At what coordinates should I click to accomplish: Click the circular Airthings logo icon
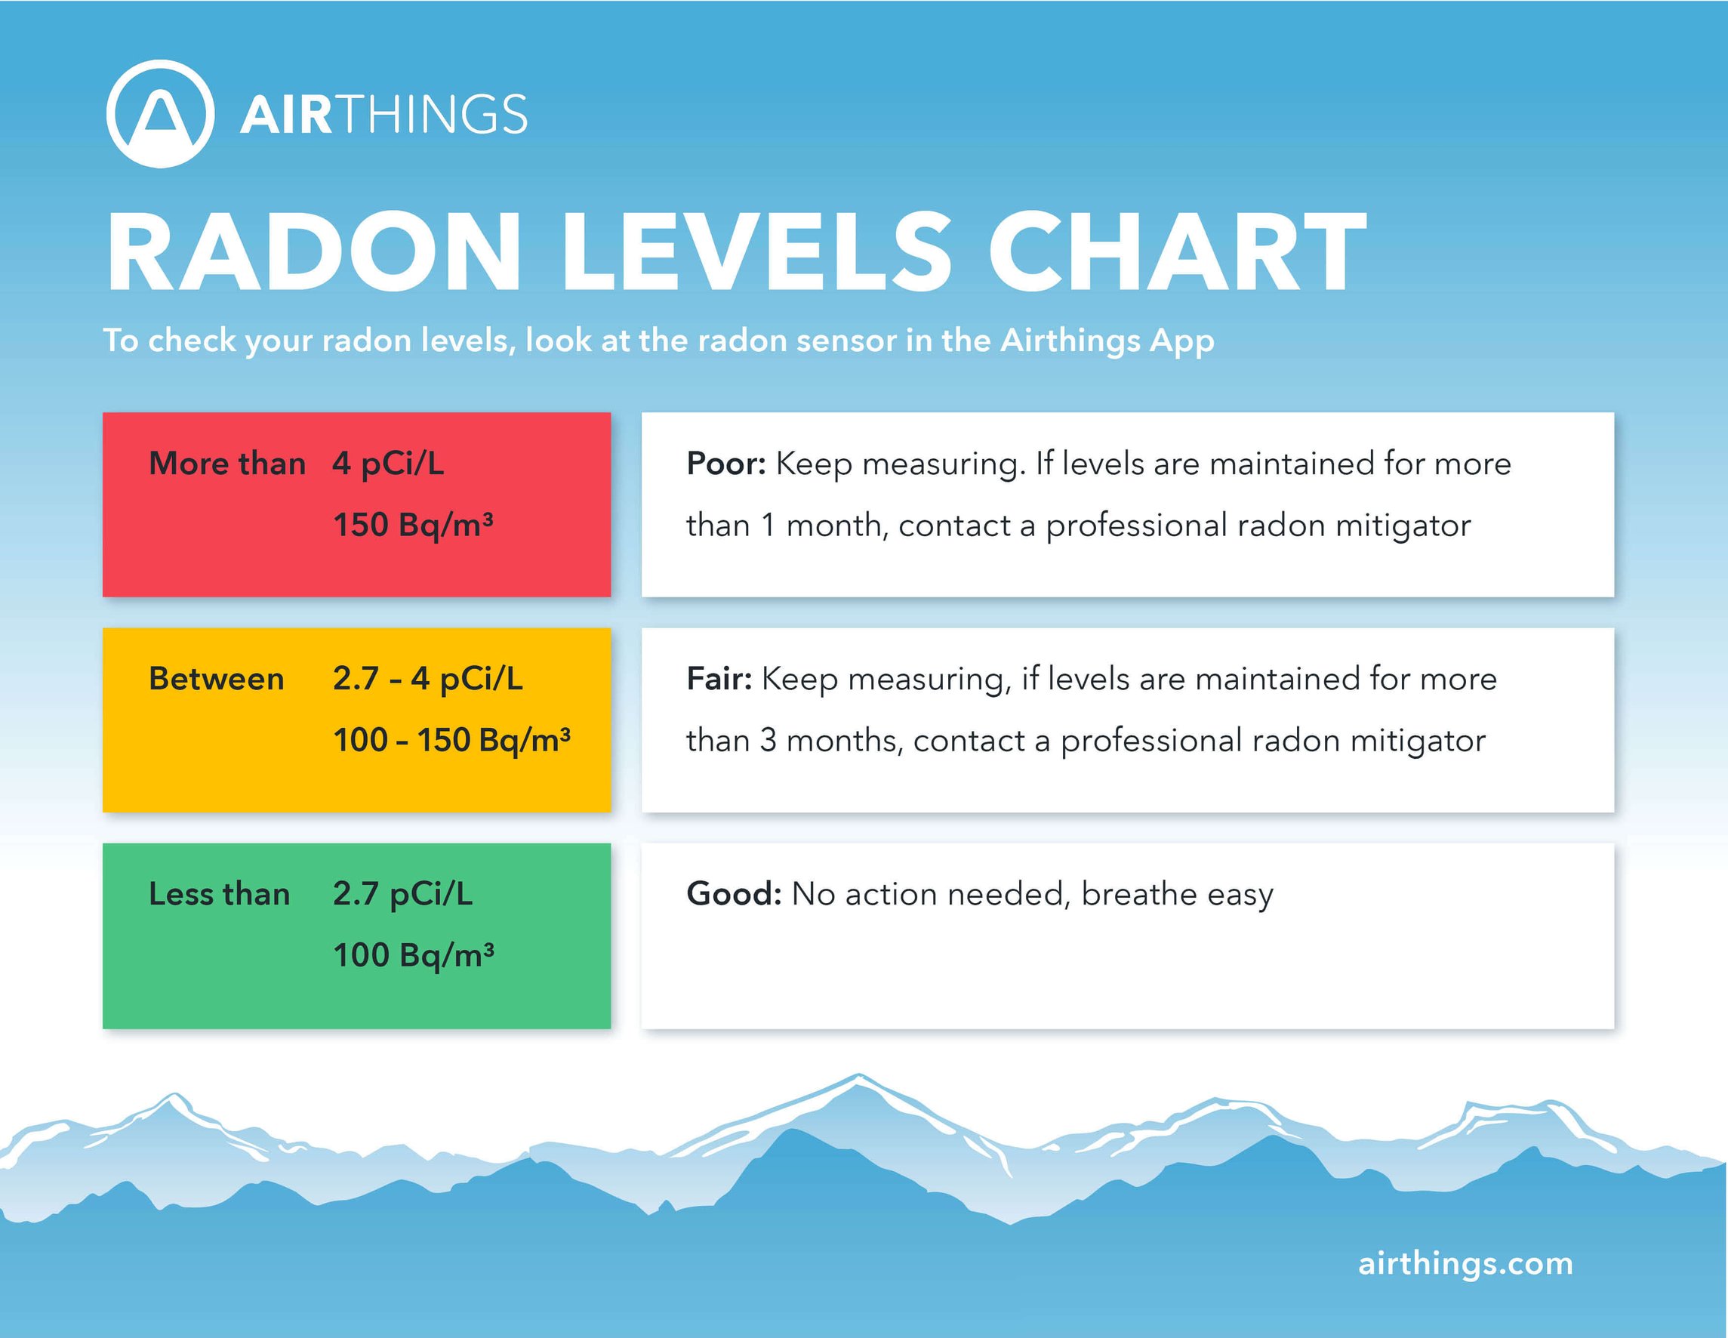click(161, 114)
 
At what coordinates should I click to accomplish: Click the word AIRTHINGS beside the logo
click(383, 115)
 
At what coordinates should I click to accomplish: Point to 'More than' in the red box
click(227, 464)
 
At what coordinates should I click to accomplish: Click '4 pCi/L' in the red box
click(389, 464)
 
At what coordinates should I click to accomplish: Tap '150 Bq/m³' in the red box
click(413, 526)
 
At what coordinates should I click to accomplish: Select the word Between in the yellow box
click(216, 679)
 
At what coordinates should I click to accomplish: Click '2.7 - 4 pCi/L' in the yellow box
click(428, 679)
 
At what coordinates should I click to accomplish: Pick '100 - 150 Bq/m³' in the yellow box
click(451, 741)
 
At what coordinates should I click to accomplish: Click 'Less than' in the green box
click(219, 894)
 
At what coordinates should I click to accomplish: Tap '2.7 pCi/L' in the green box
click(402, 894)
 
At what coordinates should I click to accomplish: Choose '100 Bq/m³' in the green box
click(413, 956)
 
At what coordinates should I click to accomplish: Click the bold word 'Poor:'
click(725, 464)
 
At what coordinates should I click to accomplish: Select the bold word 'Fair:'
click(719, 679)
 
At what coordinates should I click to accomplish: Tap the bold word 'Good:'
click(734, 894)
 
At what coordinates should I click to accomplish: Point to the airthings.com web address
click(1465, 1262)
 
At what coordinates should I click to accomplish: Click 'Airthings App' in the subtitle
click(1107, 341)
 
